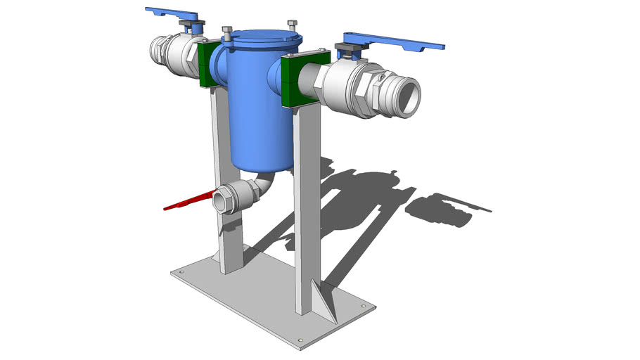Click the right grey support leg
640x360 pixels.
[304, 211]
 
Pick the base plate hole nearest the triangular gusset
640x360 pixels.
[363, 307]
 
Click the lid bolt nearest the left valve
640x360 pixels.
[227, 32]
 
